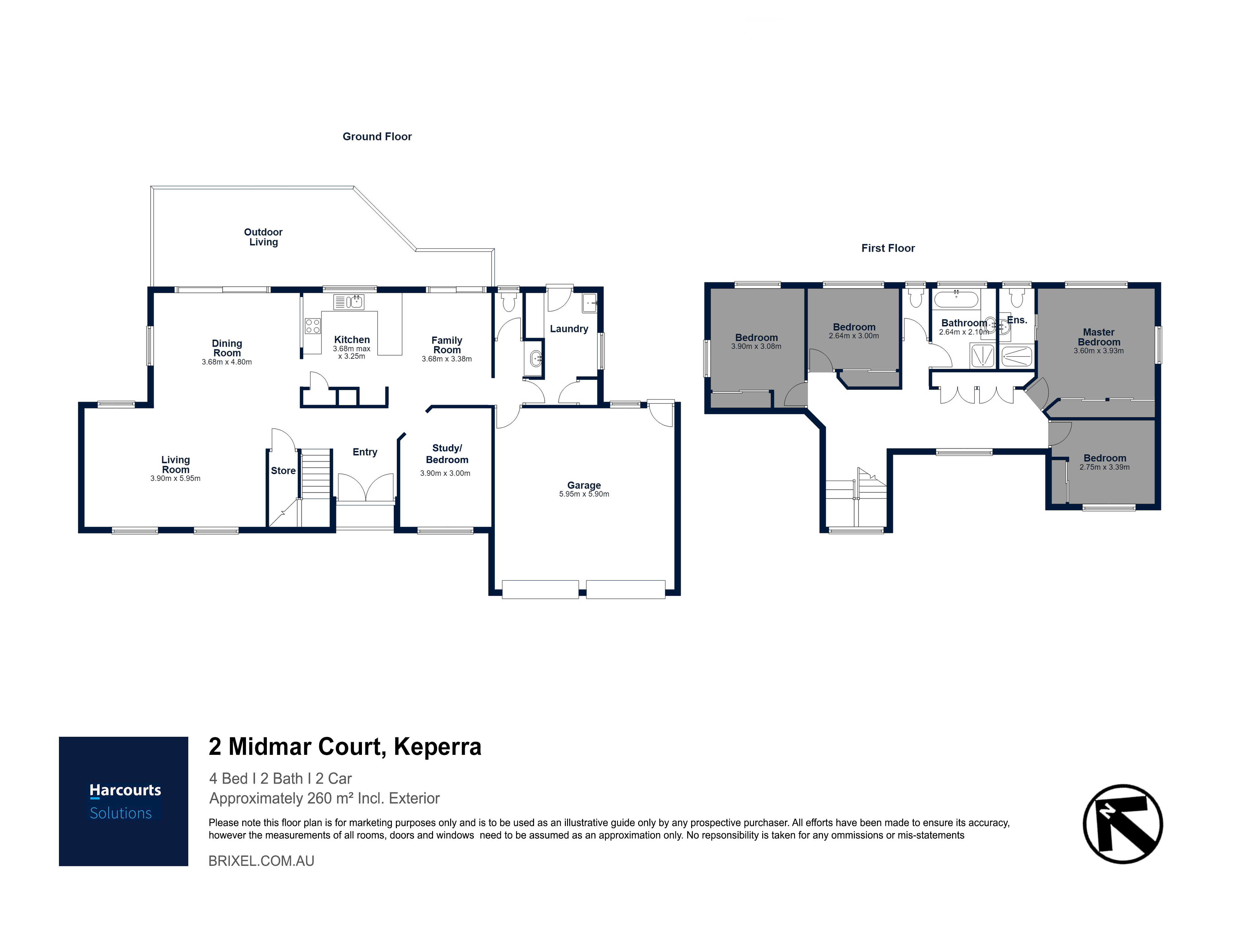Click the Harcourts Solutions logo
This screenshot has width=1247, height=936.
coord(123,801)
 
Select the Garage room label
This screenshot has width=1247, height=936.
coord(584,485)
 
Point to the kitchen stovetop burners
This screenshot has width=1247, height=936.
coord(313,326)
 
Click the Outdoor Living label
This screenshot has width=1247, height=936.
coord(263,237)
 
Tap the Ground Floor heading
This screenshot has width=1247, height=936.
coord(377,137)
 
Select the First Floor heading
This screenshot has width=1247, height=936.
coord(888,248)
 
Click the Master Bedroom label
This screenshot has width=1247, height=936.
coord(1099,337)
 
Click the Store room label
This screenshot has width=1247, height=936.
coord(283,470)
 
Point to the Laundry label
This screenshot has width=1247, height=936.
coord(569,329)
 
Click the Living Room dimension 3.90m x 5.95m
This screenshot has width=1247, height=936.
coord(175,478)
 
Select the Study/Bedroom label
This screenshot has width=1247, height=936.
coord(447,454)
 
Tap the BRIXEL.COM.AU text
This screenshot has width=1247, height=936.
coord(262,861)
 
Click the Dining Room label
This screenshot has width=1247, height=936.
coord(227,348)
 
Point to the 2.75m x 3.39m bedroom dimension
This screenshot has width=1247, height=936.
coord(1104,467)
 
